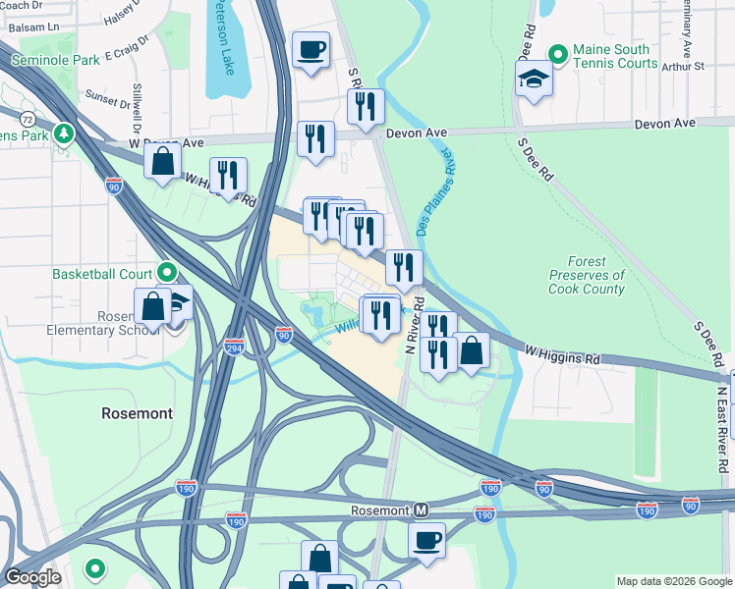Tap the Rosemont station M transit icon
pos(422,510)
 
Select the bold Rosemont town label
pos(137,413)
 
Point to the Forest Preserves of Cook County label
pos(588,276)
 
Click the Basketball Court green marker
pos(167,272)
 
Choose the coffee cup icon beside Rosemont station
pos(426,539)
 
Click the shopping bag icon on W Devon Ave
pos(163,161)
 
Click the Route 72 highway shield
pos(28,118)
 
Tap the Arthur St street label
pos(684,67)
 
